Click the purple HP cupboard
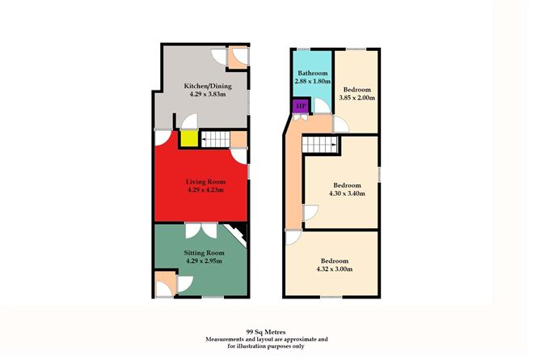click(x=302, y=106)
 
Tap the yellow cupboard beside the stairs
click(x=189, y=138)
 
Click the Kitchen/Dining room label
click(x=208, y=86)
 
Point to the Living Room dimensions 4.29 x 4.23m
click(x=205, y=190)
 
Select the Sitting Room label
click(x=205, y=252)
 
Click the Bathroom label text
click(x=312, y=73)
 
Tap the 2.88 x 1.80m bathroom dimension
click(x=312, y=81)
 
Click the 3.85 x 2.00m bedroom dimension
click(x=357, y=98)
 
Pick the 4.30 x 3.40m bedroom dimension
click(x=347, y=193)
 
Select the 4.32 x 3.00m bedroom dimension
click(x=335, y=269)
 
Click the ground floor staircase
click(x=215, y=139)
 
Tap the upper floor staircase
click(x=319, y=145)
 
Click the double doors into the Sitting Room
click(x=201, y=231)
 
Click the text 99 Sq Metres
click(x=266, y=332)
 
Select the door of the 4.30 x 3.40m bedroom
click(x=310, y=213)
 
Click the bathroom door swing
click(x=323, y=106)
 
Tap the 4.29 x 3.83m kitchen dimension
click(x=208, y=94)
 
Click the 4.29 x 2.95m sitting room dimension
click(x=205, y=260)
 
